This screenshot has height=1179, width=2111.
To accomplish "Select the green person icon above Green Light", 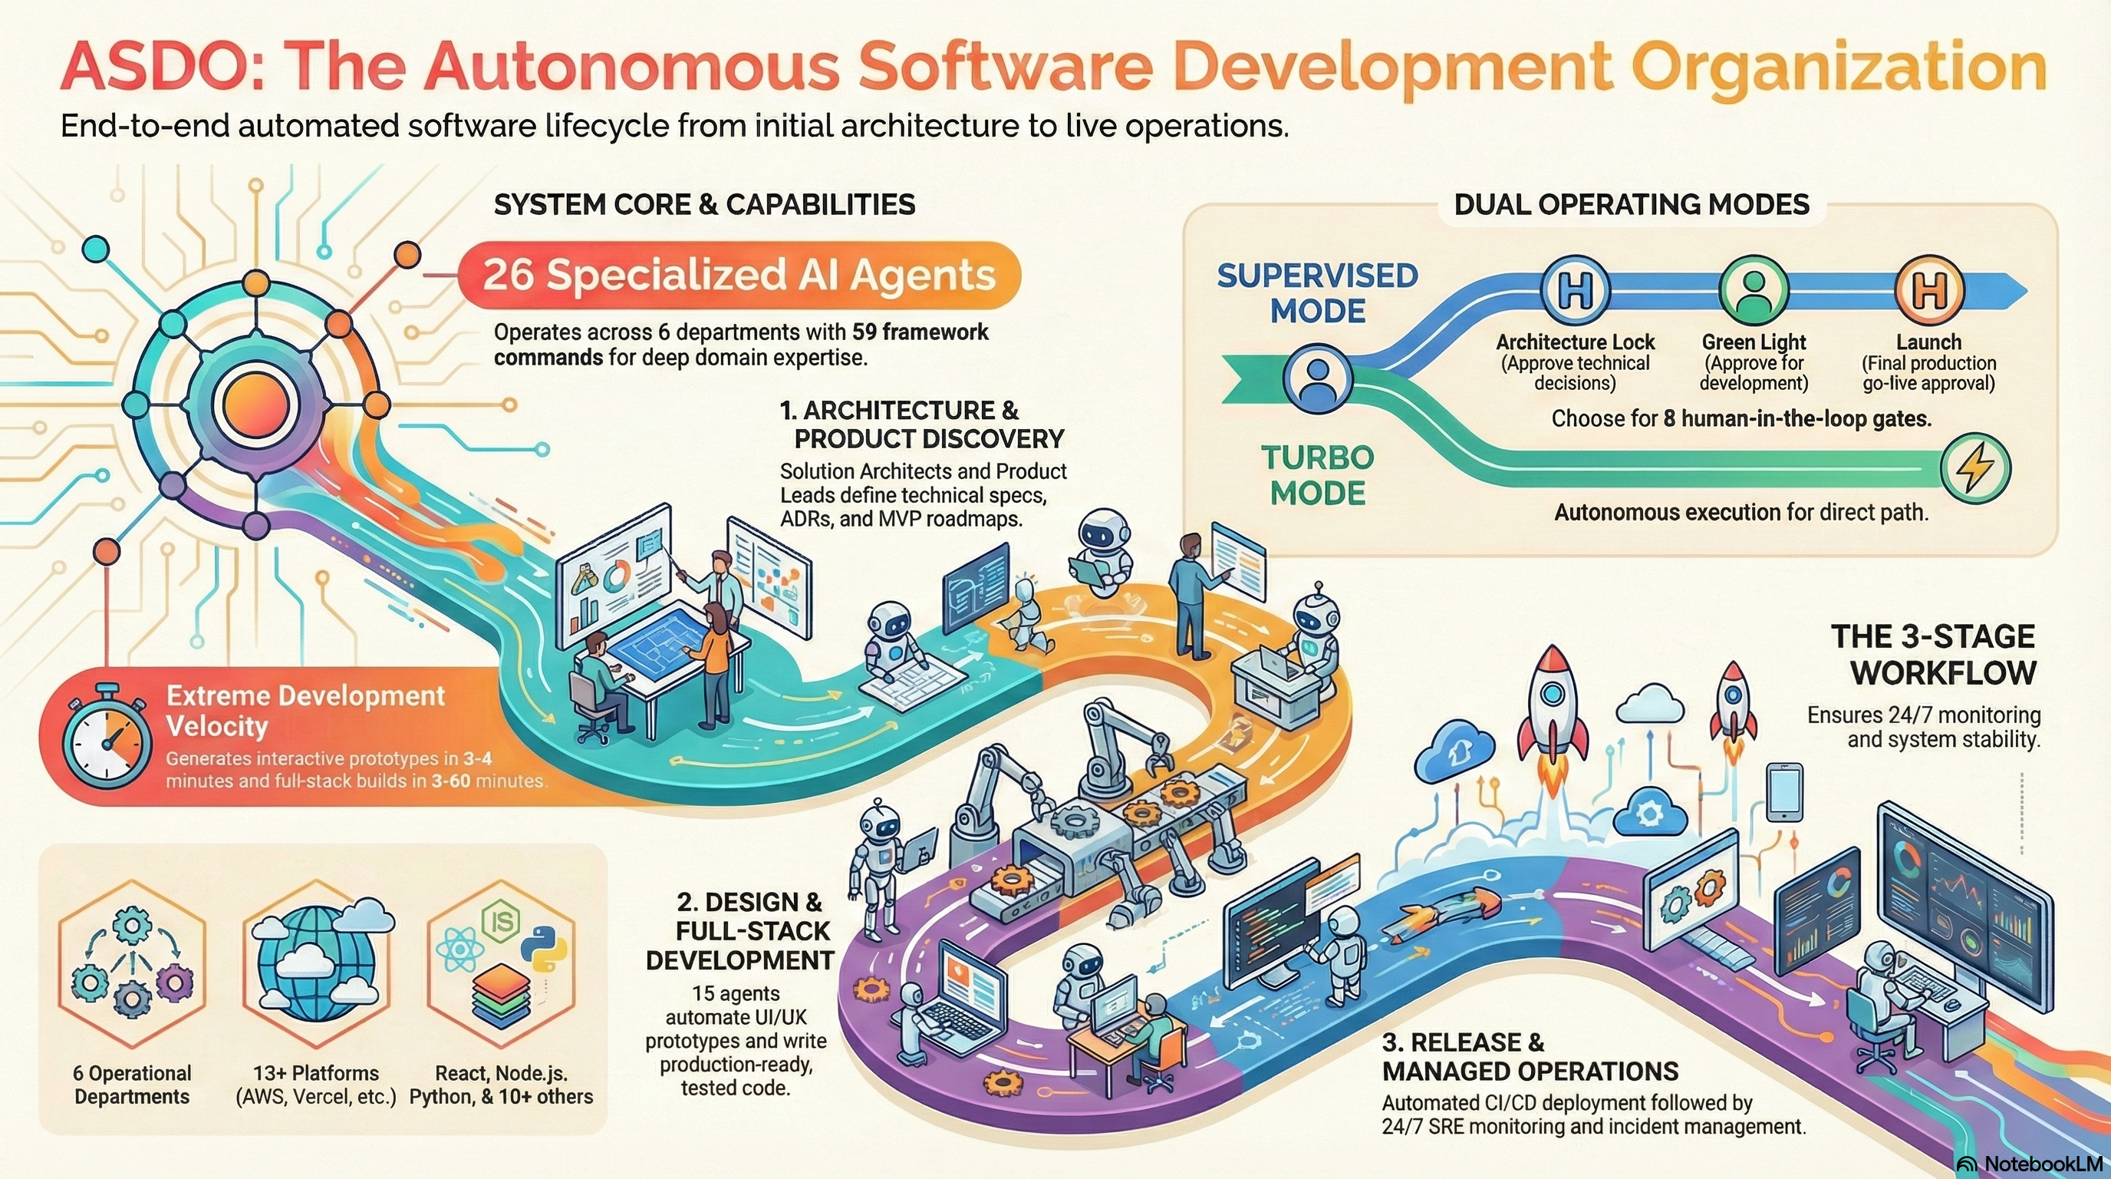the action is [x=1754, y=290].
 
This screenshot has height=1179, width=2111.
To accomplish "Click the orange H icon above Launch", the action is [x=1928, y=290].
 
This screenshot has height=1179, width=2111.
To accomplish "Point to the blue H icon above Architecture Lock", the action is [x=1575, y=290].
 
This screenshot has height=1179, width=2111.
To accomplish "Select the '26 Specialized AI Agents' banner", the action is [x=739, y=276].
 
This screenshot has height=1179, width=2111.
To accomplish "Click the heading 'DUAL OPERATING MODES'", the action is [x=1632, y=204].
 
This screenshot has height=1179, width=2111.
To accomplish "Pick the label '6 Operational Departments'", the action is [x=132, y=1085].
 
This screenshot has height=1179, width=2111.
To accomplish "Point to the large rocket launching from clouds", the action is [x=1551, y=705].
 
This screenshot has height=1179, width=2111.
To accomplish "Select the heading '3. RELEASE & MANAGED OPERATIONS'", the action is [x=1529, y=1057].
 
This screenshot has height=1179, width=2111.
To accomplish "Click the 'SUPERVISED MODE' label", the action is [x=1317, y=293].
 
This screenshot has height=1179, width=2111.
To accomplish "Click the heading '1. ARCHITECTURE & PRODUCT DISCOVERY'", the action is [x=922, y=424].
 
